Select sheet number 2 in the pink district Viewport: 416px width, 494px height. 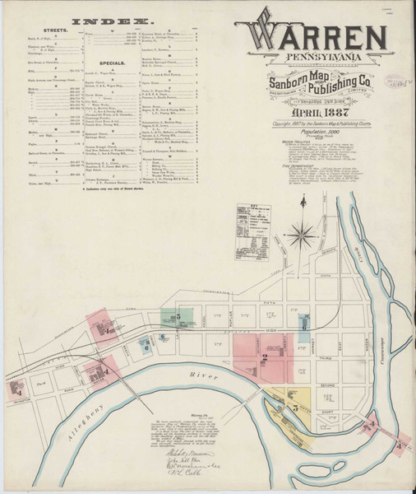click(x=265, y=356)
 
